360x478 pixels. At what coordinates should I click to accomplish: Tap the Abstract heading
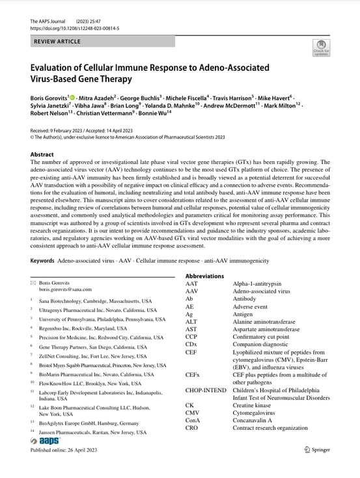[42, 154]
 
